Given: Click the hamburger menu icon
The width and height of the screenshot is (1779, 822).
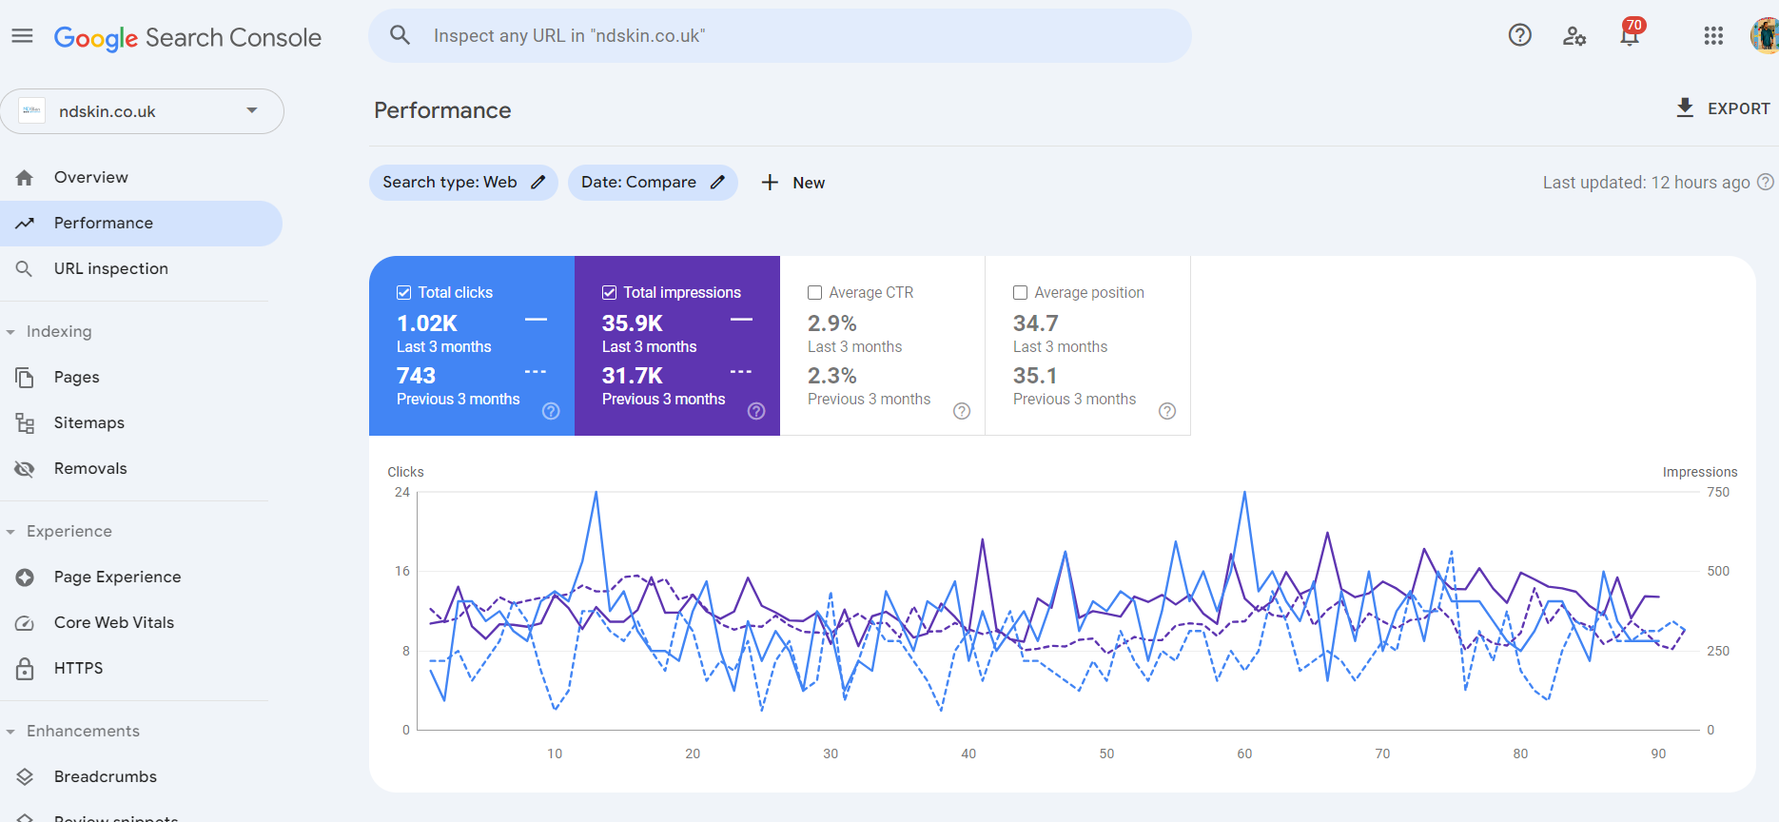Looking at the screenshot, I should [22, 36].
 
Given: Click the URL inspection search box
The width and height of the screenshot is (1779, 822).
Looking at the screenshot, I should [780, 36].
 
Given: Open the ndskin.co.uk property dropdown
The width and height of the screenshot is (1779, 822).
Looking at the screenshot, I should [143, 111].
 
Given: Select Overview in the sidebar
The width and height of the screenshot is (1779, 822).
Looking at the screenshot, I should [91, 177].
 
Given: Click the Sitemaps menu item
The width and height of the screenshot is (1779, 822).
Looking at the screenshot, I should [89, 422].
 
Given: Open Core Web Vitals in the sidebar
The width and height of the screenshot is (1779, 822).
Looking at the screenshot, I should [114, 622].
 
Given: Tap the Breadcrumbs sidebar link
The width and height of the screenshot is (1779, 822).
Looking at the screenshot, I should [106, 776].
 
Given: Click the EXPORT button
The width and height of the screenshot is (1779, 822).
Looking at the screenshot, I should [1723, 108].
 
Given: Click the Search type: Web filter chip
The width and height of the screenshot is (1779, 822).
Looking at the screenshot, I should [463, 183].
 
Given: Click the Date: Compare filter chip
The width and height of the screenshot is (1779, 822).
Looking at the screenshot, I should [653, 183].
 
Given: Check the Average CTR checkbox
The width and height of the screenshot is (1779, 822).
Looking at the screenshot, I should [815, 293].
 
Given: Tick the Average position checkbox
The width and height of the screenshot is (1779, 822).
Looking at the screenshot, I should [1021, 293].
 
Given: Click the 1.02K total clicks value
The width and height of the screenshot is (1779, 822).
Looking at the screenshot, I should [427, 323].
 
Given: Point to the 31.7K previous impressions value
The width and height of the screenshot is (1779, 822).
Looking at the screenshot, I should [633, 376].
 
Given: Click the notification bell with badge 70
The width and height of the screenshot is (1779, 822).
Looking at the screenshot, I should [1630, 35].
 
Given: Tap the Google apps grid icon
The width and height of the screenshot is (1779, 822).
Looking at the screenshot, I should [1713, 36].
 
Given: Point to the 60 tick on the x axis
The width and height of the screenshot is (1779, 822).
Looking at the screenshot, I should [1244, 753].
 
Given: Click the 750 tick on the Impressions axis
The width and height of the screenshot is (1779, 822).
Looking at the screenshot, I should [1718, 492].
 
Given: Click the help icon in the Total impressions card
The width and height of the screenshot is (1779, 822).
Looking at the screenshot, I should [756, 411].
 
